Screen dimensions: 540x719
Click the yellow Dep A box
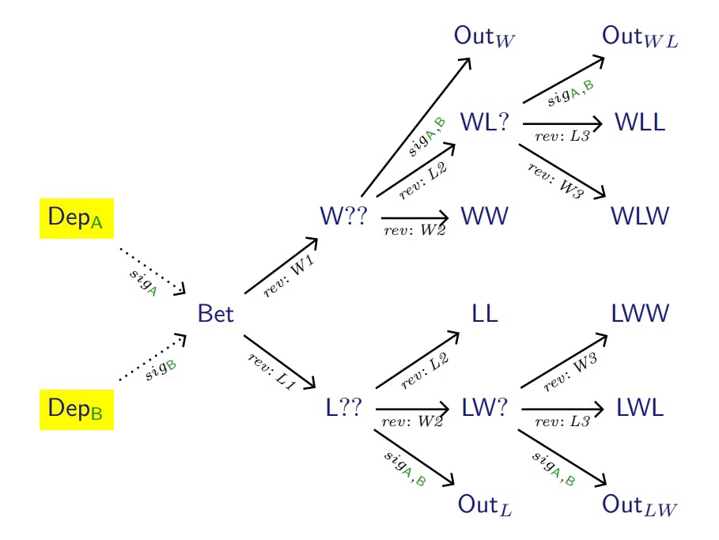[x=76, y=218]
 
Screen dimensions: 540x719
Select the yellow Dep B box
[x=76, y=409]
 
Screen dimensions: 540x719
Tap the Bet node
[x=216, y=315]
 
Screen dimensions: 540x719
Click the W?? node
[x=343, y=216]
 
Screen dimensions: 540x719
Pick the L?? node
[x=343, y=408]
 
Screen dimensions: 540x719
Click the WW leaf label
[x=483, y=216]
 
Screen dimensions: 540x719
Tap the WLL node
[x=640, y=123]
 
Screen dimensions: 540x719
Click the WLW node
[x=641, y=216]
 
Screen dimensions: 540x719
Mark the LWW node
[x=641, y=314]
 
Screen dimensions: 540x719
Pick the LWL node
[x=640, y=408]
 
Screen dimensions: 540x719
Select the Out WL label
[x=640, y=36]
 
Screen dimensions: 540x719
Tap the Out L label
[x=485, y=504]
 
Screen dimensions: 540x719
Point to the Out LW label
[x=640, y=504]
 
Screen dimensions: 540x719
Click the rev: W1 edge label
[x=289, y=278]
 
